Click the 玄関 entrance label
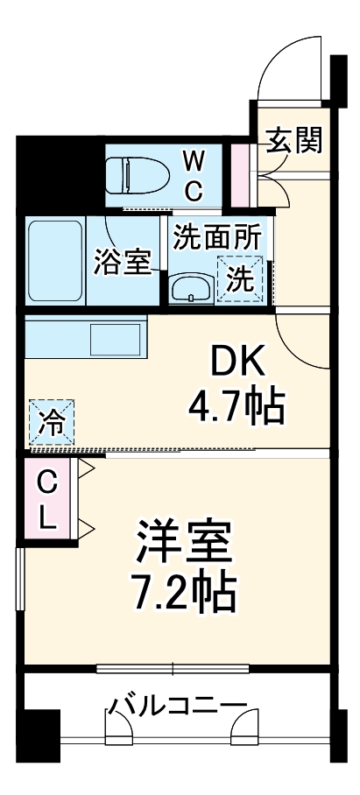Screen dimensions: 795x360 point(293,139)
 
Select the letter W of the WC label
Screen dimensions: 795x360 point(194,159)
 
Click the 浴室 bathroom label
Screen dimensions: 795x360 point(123,262)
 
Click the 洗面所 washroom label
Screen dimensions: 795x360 point(216,236)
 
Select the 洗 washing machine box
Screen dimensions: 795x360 point(240,278)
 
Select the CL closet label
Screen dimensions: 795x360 point(48,499)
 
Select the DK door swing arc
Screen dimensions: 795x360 point(299,337)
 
